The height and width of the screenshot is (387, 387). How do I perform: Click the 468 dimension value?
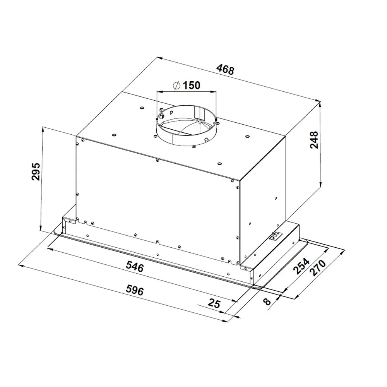[225, 70]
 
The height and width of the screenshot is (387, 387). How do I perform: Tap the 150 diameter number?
[192, 86]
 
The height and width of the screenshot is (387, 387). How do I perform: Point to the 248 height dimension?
[314, 140]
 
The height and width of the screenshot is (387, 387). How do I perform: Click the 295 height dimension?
[36, 171]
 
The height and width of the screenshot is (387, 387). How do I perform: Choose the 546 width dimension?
[135, 266]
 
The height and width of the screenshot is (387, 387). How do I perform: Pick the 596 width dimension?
[135, 290]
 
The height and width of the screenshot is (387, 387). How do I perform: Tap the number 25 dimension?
[214, 303]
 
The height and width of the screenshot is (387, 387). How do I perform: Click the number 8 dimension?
[267, 301]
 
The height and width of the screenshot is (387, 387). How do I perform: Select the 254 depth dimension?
[301, 267]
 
